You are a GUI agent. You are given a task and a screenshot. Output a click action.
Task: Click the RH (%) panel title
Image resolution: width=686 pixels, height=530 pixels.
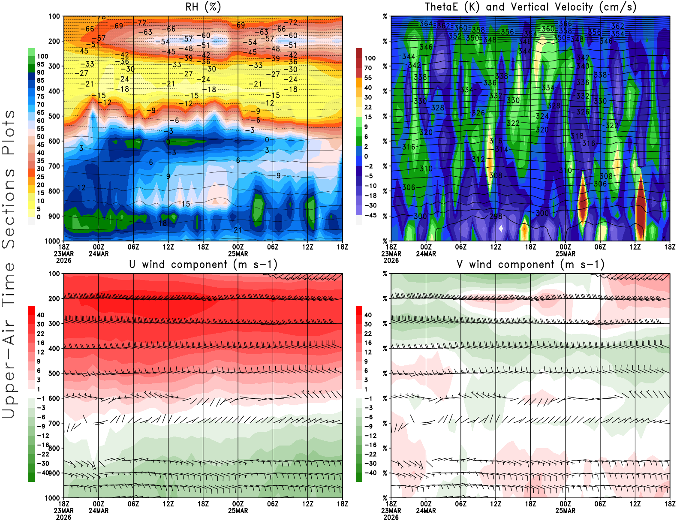[x=203, y=7]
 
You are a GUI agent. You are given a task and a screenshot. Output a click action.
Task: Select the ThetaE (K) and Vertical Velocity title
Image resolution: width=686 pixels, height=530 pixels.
[x=530, y=7]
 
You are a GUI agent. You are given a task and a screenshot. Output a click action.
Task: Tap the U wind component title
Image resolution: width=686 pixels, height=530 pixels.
[x=203, y=264]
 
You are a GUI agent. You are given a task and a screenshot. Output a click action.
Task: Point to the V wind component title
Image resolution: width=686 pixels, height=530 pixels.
[x=530, y=264]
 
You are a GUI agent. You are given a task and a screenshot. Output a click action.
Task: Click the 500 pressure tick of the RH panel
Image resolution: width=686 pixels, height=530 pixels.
[x=54, y=116]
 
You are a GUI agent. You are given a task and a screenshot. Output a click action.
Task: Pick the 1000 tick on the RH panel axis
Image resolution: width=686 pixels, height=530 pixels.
[x=53, y=241]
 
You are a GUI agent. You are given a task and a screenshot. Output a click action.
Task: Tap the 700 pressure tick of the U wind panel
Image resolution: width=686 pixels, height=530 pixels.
[x=54, y=423]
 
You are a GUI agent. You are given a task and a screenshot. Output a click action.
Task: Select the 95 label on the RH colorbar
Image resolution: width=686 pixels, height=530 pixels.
[x=41, y=64]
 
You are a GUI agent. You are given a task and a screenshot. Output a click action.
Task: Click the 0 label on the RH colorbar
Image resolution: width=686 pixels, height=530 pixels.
[x=39, y=217]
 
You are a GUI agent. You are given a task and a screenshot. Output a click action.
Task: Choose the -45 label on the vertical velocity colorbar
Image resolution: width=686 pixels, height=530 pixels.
[x=370, y=215]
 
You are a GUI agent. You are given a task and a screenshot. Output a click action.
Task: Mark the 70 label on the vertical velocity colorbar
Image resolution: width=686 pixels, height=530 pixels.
[x=368, y=68]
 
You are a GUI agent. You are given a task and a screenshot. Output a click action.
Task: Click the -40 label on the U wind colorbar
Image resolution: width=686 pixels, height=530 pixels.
[x=43, y=473]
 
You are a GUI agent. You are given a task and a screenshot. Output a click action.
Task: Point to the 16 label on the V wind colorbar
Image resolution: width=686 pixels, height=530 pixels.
[x=368, y=343]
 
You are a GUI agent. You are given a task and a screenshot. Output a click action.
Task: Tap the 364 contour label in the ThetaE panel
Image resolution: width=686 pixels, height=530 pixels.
[x=426, y=24]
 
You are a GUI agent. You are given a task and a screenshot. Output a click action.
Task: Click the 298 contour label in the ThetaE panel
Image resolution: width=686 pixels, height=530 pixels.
[x=496, y=216]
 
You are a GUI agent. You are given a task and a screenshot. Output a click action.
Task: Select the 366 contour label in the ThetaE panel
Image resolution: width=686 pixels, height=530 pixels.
[x=565, y=24]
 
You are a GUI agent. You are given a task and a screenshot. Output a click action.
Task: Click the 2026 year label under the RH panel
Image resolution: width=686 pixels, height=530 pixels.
[x=63, y=260]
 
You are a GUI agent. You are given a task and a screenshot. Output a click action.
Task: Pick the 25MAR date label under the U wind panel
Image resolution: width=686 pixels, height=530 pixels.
[x=238, y=511]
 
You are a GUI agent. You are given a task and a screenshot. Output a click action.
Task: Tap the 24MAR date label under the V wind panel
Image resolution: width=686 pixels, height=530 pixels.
[x=426, y=511]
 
